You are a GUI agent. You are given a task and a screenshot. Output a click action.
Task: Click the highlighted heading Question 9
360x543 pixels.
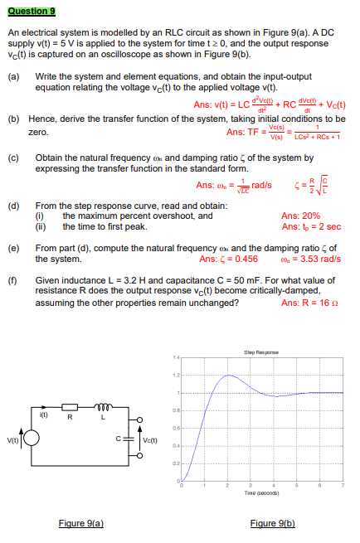coord(32,11)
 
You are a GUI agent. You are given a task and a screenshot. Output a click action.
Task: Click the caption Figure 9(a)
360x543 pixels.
coord(81,523)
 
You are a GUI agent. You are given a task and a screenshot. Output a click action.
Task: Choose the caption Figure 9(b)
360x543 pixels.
coord(272,523)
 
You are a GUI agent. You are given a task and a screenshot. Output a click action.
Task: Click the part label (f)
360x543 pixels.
coord(13,279)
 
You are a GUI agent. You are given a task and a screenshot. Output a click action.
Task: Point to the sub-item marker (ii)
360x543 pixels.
coord(41,226)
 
